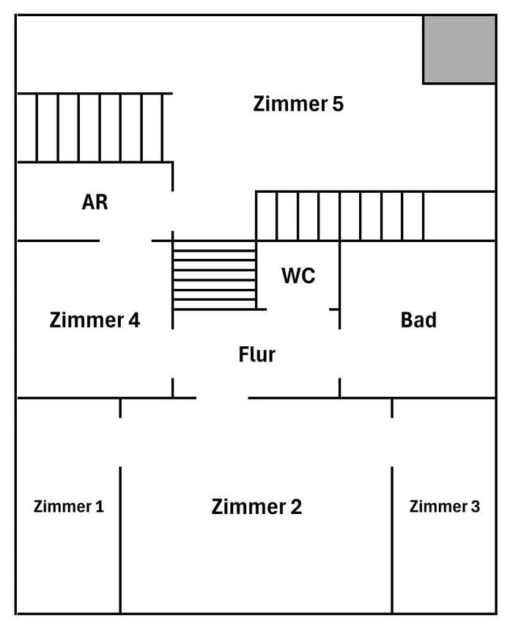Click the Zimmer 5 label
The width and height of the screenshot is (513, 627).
coord(298,104)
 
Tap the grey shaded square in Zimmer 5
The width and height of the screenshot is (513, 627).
coord(459,48)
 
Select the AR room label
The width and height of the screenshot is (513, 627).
coord(95,202)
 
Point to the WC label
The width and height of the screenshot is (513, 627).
coord(298,276)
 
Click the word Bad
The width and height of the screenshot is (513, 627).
coord(418,320)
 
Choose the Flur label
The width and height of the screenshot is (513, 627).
coord(257,355)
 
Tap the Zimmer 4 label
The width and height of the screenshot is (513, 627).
coord(95,320)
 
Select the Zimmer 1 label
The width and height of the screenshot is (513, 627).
coord(69,506)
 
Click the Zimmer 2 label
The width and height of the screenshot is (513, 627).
coord(256,507)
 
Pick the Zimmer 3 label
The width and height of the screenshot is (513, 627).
coord(444,506)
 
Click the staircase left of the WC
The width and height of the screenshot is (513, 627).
coord(214,274)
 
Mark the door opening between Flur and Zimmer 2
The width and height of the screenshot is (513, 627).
coord(222,398)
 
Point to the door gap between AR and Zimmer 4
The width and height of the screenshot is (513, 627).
coord(125,241)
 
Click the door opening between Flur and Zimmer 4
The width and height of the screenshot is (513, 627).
coord(173,353)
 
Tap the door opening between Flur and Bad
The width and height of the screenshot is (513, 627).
coord(339,353)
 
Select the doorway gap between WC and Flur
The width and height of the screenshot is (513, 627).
coord(298,309)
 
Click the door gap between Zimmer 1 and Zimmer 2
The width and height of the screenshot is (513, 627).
coord(120,442)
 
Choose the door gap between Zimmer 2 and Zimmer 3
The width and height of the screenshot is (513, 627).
coord(392,442)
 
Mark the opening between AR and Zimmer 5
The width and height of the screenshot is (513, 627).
coord(173,211)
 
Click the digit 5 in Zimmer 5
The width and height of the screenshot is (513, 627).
coord(337,104)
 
